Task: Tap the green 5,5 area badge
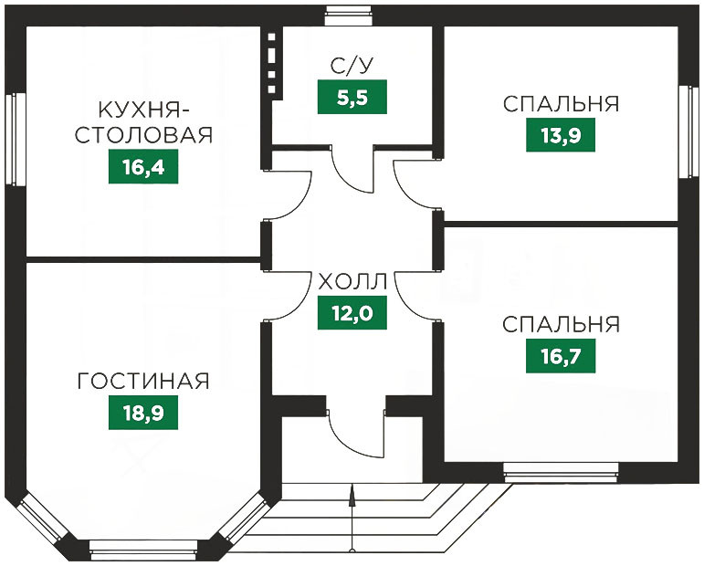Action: coord(352,97)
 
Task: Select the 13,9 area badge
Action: coord(561,136)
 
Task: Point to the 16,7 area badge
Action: coord(561,356)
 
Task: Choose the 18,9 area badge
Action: coord(142,413)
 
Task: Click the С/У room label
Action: coord(352,66)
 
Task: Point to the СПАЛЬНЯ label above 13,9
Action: coord(561,104)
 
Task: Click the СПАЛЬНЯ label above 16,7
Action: coord(561,324)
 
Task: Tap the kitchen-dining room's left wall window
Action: coord(13,139)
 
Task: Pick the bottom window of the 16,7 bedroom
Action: coord(560,471)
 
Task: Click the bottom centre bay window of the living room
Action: coord(143,551)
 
